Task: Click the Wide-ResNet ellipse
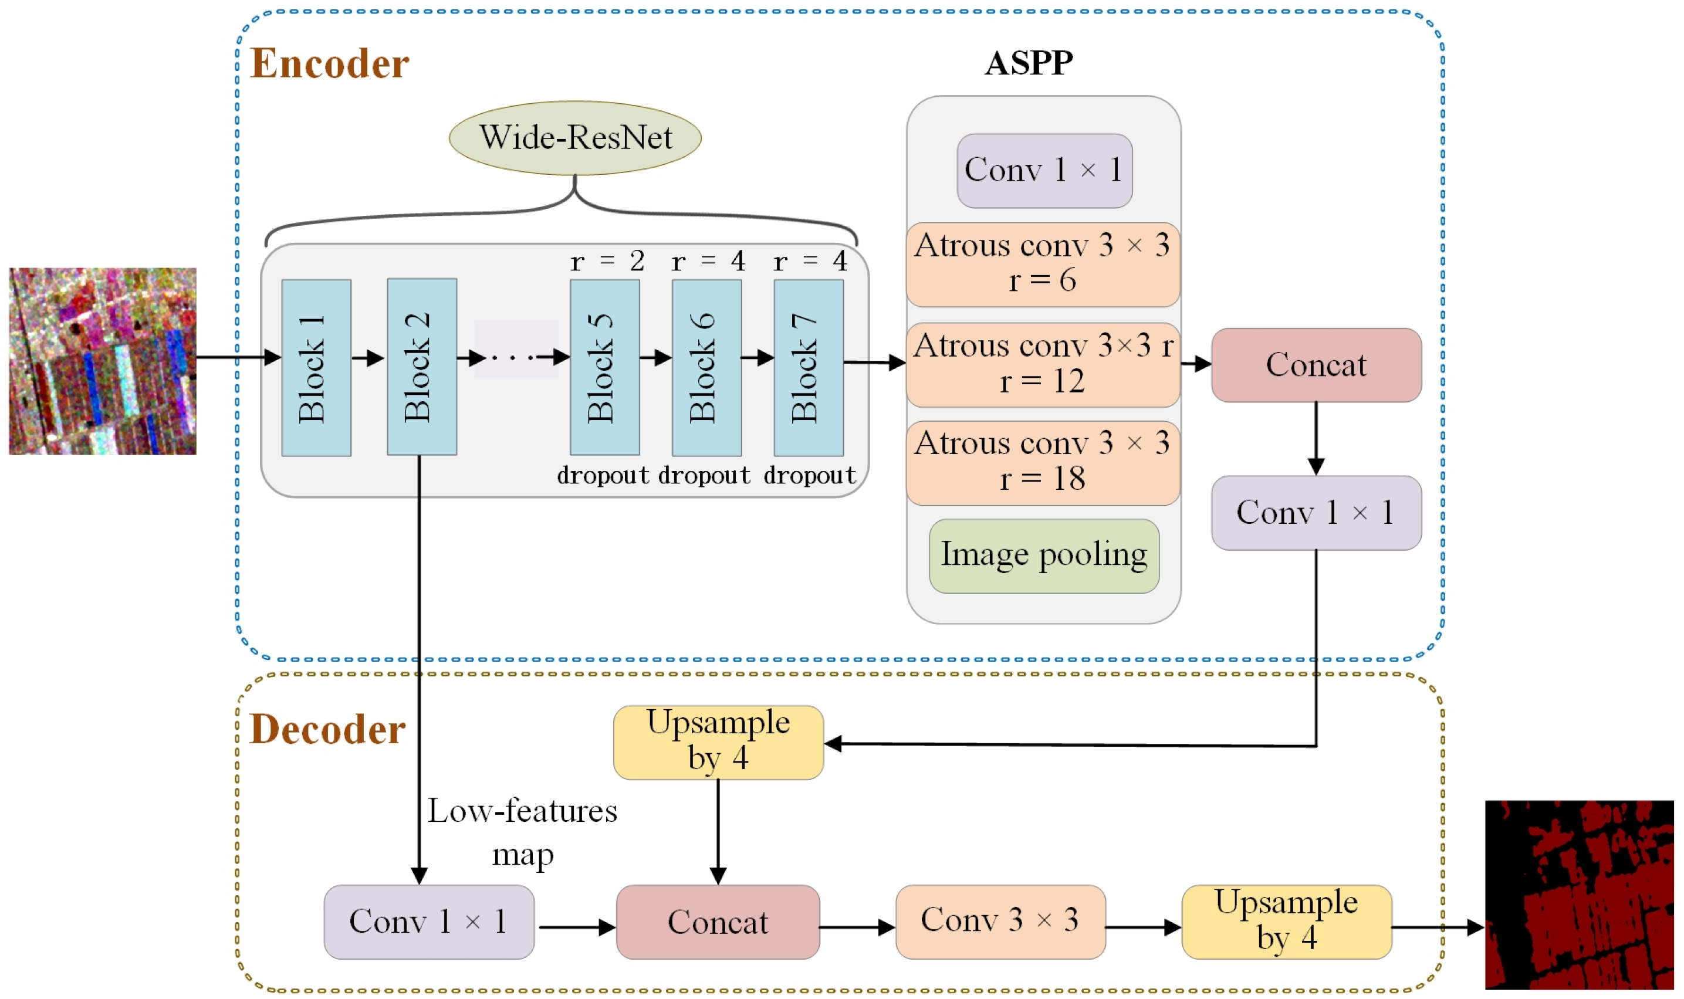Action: (x=575, y=138)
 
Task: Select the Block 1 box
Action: (x=316, y=368)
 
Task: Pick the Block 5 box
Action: (x=604, y=368)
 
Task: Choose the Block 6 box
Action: (x=707, y=368)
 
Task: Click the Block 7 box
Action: (x=809, y=368)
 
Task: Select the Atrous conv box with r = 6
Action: (x=1043, y=265)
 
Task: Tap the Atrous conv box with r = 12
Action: (x=1043, y=365)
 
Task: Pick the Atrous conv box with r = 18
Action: (x=1043, y=463)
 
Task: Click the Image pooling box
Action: (x=1044, y=556)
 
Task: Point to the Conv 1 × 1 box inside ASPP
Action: (x=1044, y=170)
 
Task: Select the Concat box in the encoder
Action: (x=1316, y=365)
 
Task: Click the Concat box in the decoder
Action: (x=718, y=922)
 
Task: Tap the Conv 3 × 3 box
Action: (x=1000, y=922)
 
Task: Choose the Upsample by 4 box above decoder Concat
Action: (x=718, y=743)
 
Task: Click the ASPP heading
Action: (x=1029, y=63)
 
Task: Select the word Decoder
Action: (x=328, y=729)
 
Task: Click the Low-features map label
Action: (x=522, y=833)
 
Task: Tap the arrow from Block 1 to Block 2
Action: (x=368, y=357)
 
